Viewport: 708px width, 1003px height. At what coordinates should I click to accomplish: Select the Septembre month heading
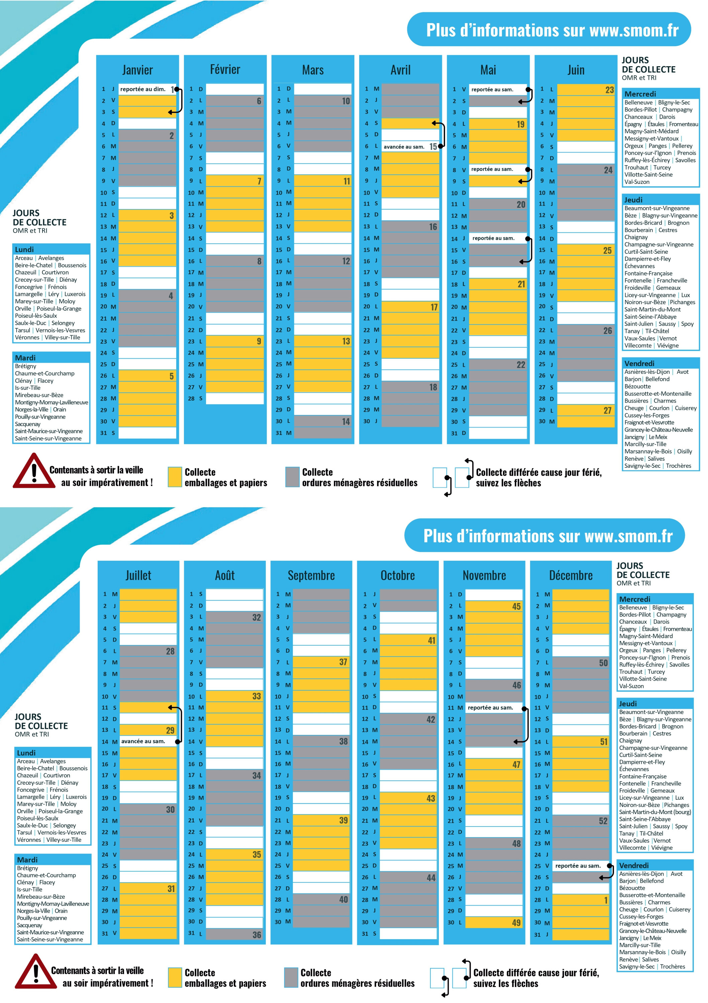tap(311, 575)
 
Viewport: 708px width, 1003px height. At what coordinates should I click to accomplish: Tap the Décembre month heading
tap(571, 575)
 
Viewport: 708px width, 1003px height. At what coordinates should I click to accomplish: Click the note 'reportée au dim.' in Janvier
tap(143, 89)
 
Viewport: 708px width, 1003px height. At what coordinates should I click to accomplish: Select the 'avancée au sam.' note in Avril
tap(404, 147)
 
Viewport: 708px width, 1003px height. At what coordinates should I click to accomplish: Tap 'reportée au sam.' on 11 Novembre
tap(490, 708)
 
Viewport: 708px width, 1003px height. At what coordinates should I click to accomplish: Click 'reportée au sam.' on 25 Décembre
tap(578, 866)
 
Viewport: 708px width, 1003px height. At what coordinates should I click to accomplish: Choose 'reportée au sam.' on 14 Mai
tap(493, 238)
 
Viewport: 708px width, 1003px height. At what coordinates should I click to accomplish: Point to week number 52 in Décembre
tap(603, 821)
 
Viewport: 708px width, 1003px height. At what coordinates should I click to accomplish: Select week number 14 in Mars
tap(346, 422)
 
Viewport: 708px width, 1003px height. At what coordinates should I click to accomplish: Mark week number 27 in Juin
tap(607, 410)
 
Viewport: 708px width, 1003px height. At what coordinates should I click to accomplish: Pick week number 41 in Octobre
tap(431, 641)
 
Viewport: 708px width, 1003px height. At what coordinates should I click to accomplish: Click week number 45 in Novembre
tap(516, 606)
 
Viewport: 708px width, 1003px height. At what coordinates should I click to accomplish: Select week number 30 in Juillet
tap(170, 809)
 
